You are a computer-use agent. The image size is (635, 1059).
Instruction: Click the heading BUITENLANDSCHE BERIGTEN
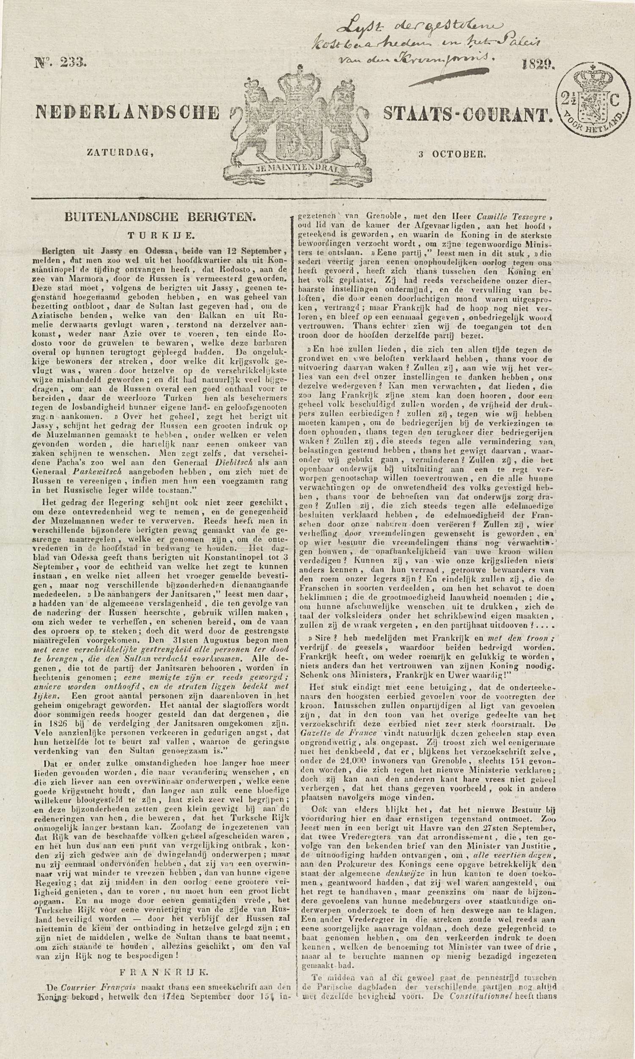159,217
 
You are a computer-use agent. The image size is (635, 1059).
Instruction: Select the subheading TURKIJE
159,235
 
